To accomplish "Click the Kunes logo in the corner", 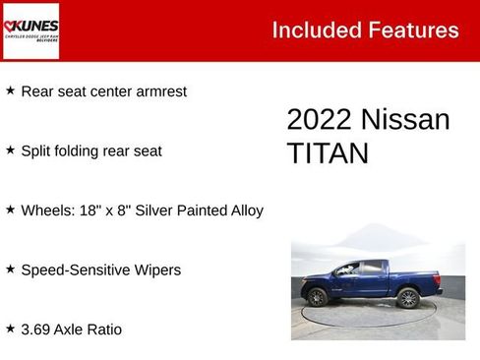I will pos(30,30).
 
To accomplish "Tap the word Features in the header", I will pos(413,30).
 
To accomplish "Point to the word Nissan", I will pos(405,120).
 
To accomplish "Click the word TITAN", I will pos(328,153).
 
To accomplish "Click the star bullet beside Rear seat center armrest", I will pos(11,90).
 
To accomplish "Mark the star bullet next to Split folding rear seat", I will pos(11,150).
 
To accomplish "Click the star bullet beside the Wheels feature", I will pos(11,210).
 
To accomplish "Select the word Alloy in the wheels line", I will pos(243,210).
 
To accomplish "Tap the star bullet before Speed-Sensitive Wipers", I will pos(11,269).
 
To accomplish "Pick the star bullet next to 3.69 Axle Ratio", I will pos(11,329).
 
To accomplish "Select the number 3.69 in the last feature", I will pos(36,330).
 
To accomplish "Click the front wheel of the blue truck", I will pos(318,296).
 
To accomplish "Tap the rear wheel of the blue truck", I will pos(408,297).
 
